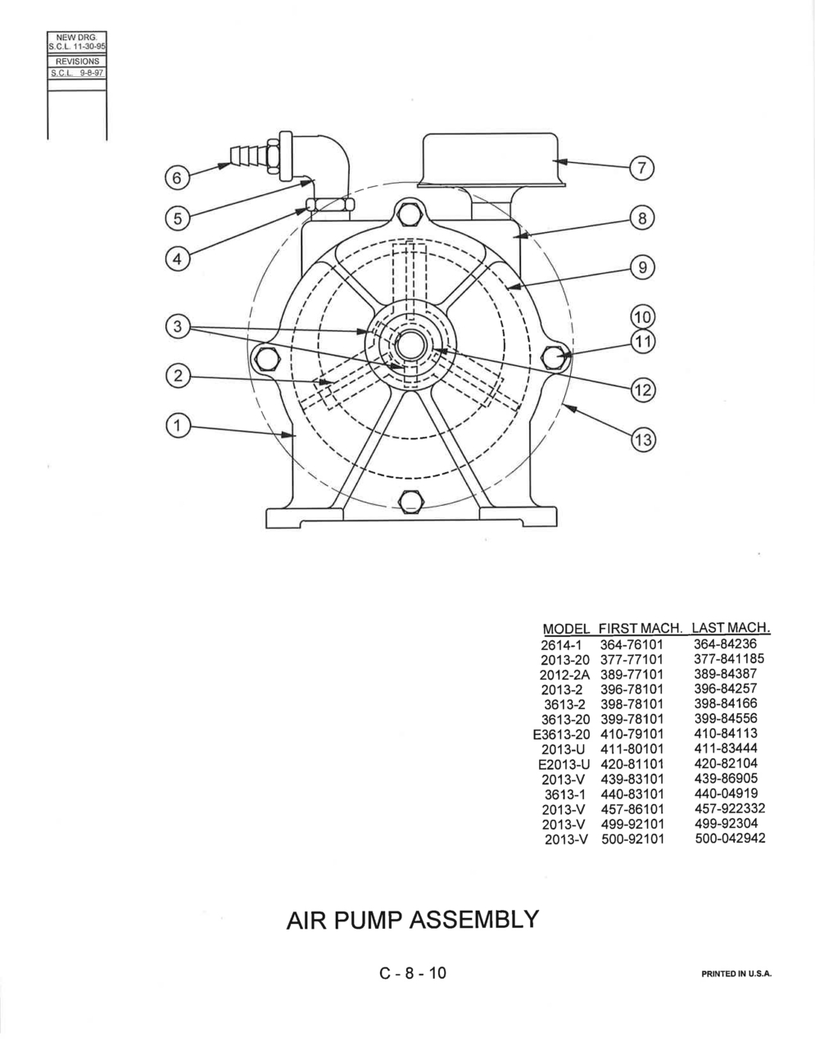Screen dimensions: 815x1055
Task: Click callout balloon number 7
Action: click(642, 168)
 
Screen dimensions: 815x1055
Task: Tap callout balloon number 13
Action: click(643, 440)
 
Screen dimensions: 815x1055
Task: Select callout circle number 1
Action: click(177, 425)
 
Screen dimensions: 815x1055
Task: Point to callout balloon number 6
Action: click(177, 178)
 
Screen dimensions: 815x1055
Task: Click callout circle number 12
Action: click(643, 389)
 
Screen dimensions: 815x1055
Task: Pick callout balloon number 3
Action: click(177, 325)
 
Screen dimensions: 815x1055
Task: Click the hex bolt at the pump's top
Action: click(410, 214)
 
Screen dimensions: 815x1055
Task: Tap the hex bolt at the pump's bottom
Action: click(410, 502)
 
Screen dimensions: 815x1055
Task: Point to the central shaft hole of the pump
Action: click(410, 345)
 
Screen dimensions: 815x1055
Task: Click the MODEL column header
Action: click(566, 629)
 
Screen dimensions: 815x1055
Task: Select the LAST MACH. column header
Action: click(731, 627)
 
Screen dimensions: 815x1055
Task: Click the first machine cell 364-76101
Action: click(632, 645)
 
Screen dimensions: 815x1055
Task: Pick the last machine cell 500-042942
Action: click(730, 838)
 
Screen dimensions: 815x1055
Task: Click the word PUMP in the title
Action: click(370, 920)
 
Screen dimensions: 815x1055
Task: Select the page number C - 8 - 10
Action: click(412, 973)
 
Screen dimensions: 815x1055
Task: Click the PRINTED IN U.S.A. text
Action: click(736, 973)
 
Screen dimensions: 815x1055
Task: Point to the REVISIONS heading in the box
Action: click(77, 61)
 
